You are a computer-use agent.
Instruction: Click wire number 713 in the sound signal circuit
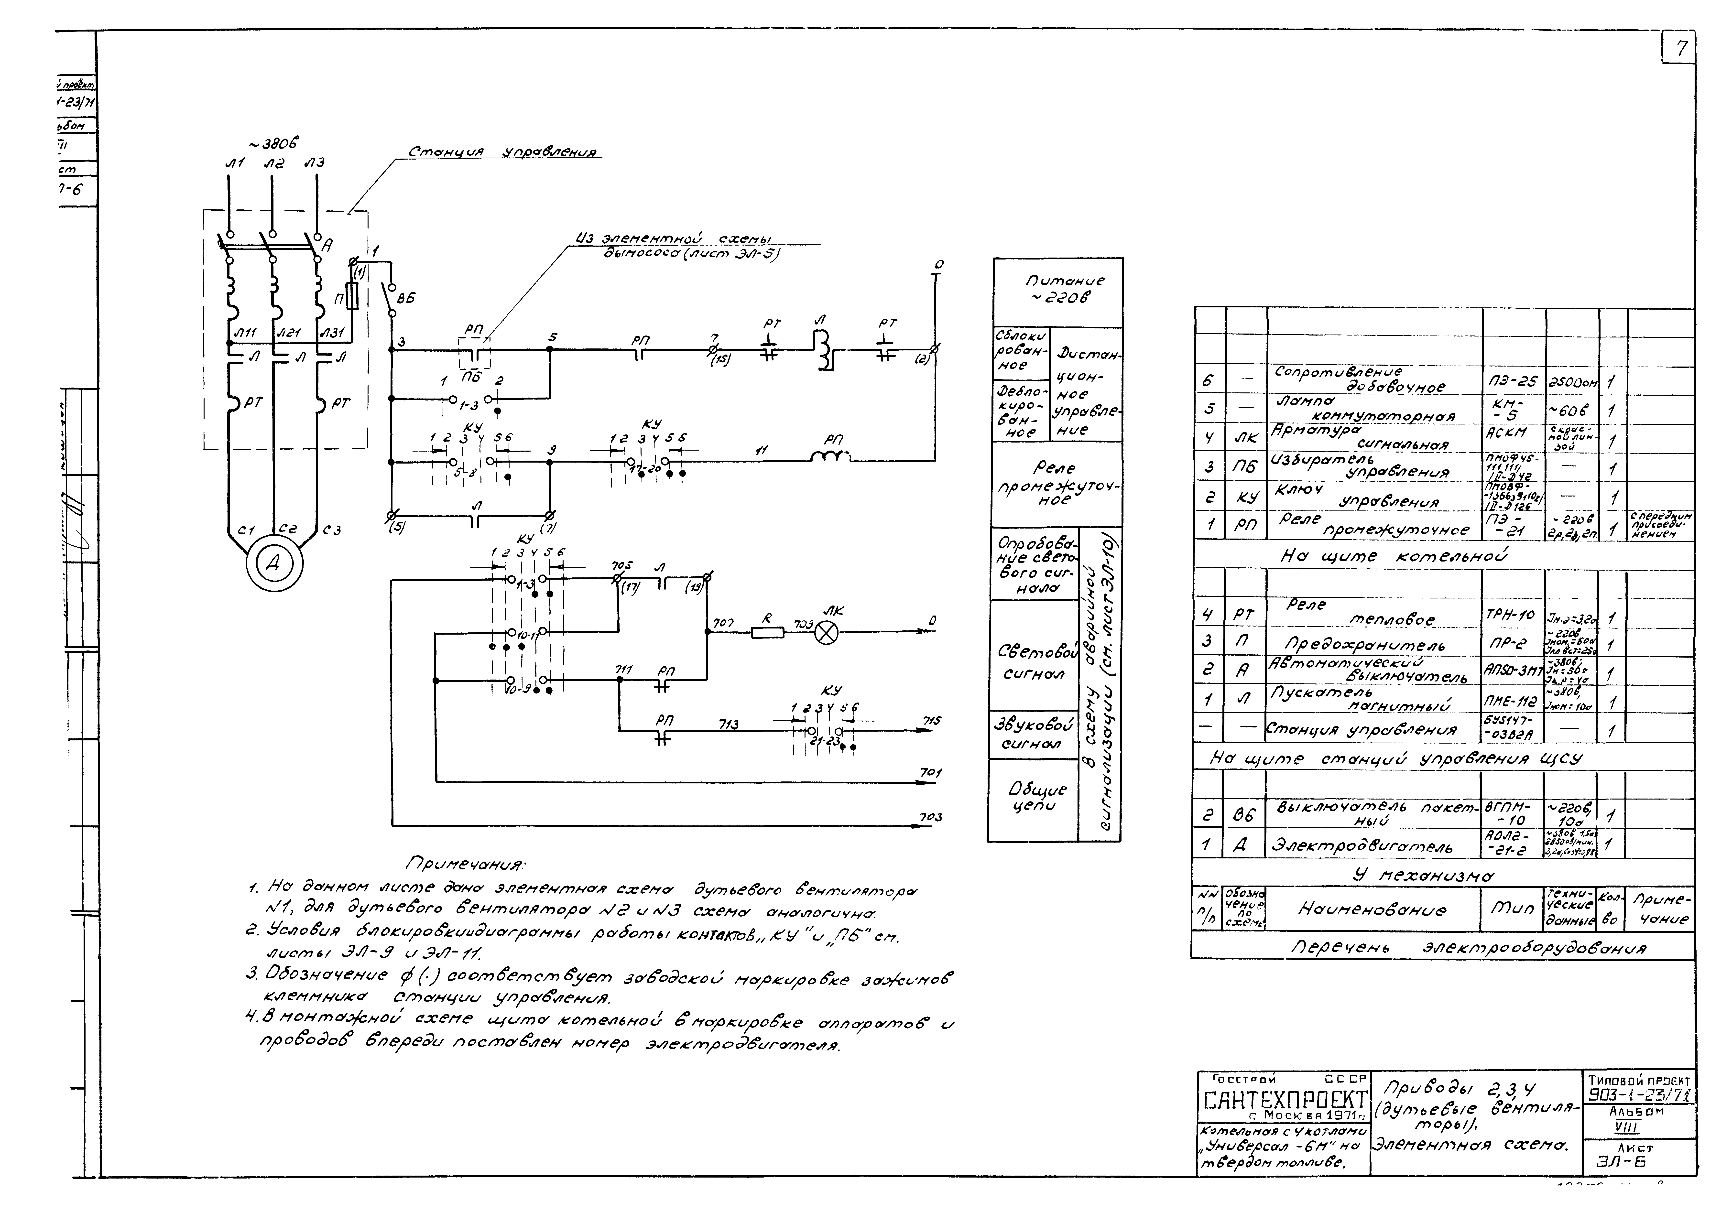pyautogui.click(x=728, y=725)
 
